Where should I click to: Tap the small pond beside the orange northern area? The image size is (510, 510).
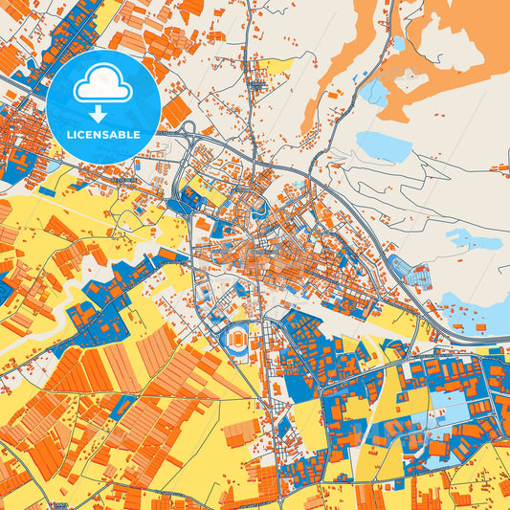coord(373,92)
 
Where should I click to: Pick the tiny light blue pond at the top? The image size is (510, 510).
coord(398,42)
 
